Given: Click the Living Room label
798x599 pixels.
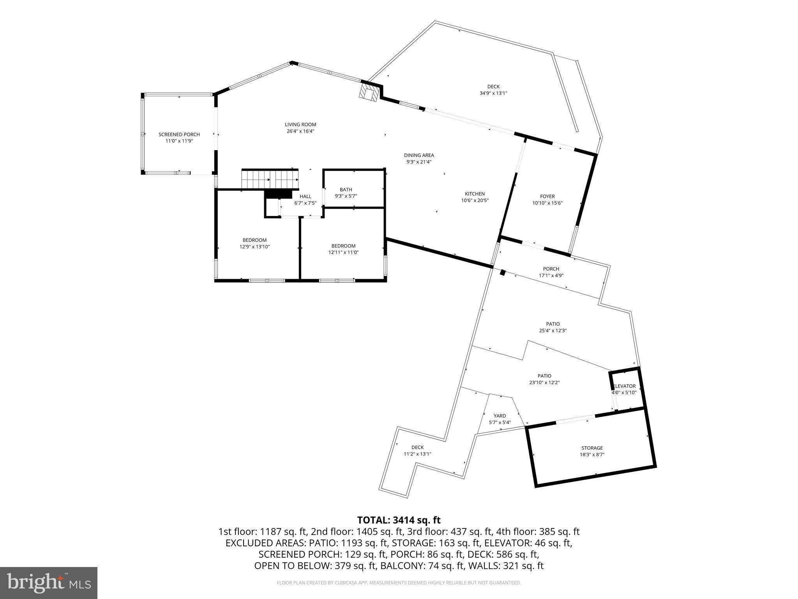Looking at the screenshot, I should tap(300, 125).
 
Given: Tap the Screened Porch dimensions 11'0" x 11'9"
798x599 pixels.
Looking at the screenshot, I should tap(179, 141).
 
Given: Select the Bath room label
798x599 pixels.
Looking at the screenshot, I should tap(346, 190).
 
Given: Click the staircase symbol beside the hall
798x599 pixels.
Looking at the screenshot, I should tap(270, 179).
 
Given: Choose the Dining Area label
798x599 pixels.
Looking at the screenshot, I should tap(419, 155).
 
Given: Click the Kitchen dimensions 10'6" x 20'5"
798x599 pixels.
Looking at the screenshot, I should tap(475, 200).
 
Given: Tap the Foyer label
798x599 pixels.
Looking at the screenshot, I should tap(547, 197).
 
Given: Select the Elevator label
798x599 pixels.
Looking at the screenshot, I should tap(624, 386).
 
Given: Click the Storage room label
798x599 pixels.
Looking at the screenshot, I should tap(592, 448).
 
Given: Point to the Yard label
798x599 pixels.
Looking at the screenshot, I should tap(500, 416).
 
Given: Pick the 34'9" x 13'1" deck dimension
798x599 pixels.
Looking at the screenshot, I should tap(493, 93).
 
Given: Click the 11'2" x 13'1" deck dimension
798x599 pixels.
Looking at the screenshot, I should tap(417, 454).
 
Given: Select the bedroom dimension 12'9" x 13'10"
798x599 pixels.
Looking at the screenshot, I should tap(254, 247).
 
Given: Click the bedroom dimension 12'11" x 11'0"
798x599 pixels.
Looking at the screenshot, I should tap(343, 252).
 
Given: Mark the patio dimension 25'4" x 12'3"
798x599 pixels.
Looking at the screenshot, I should tap(553, 331).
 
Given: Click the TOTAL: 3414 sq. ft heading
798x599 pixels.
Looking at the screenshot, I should tap(399, 520).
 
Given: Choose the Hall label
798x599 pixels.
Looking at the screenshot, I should tap(305, 197).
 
